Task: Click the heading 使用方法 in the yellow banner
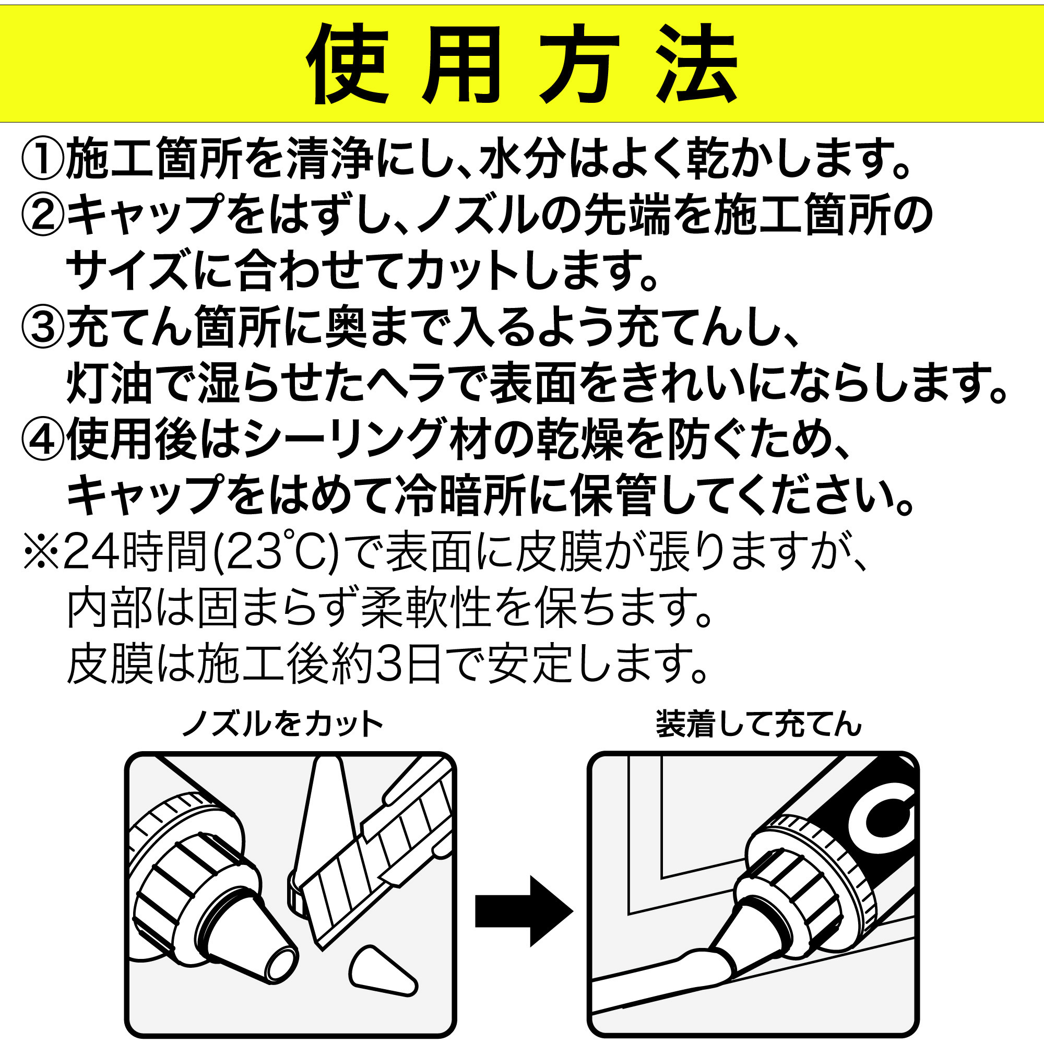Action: click(x=522, y=64)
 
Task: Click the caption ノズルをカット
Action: click(x=282, y=724)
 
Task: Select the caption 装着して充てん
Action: click(x=758, y=724)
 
